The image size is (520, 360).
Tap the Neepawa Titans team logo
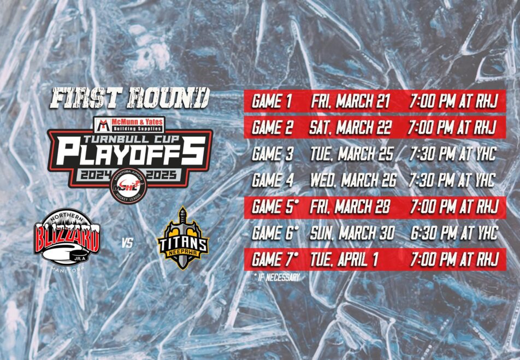[x=183, y=238]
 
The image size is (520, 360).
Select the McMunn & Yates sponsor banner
[x=129, y=125]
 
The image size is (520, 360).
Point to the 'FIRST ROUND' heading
[x=130, y=98]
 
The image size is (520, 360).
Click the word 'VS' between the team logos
[x=127, y=243]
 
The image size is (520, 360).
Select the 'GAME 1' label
[x=271, y=101]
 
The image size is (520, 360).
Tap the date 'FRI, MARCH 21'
[x=350, y=101]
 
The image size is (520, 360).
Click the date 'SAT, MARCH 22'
[x=350, y=127]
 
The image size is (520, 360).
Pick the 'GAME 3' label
[x=273, y=154]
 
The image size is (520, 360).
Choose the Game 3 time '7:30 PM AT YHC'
[x=453, y=154]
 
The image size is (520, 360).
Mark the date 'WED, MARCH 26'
[x=353, y=180]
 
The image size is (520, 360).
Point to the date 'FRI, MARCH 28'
[x=350, y=207]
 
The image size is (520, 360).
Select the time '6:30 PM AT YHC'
[x=454, y=233]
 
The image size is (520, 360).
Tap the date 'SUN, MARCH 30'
[x=352, y=233]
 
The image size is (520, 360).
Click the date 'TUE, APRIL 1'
[x=344, y=259]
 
